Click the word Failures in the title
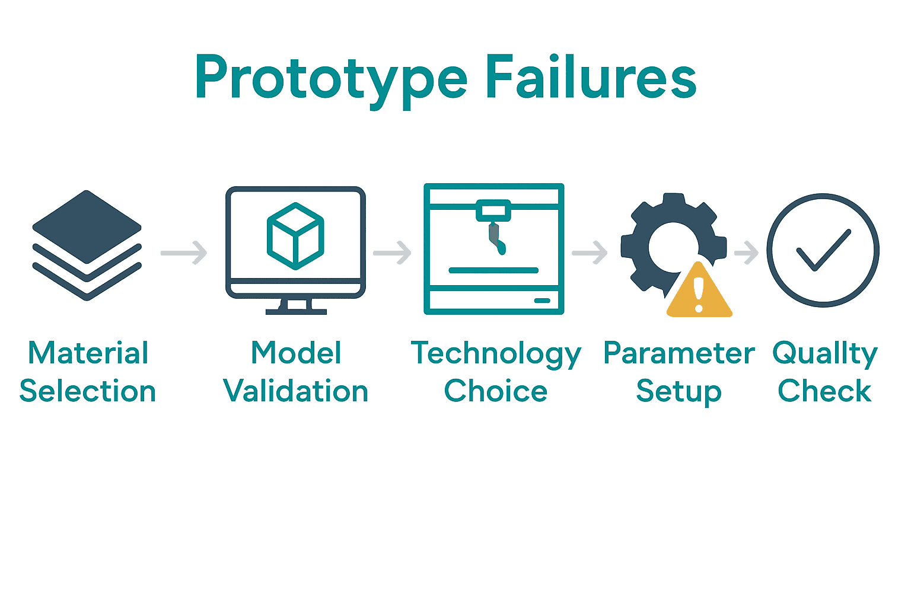[591, 77]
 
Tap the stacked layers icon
[87, 245]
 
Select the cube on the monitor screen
[295, 236]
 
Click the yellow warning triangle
[699, 292]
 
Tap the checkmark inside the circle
[823, 250]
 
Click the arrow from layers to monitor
[184, 253]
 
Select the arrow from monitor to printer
[393, 253]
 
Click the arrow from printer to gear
[590, 253]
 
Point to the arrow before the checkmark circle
[747, 253]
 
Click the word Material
[88, 353]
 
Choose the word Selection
[88, 391]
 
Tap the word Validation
[295, 391]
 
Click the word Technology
[496, 354]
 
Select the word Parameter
[679, 353]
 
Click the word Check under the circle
[824, 391]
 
